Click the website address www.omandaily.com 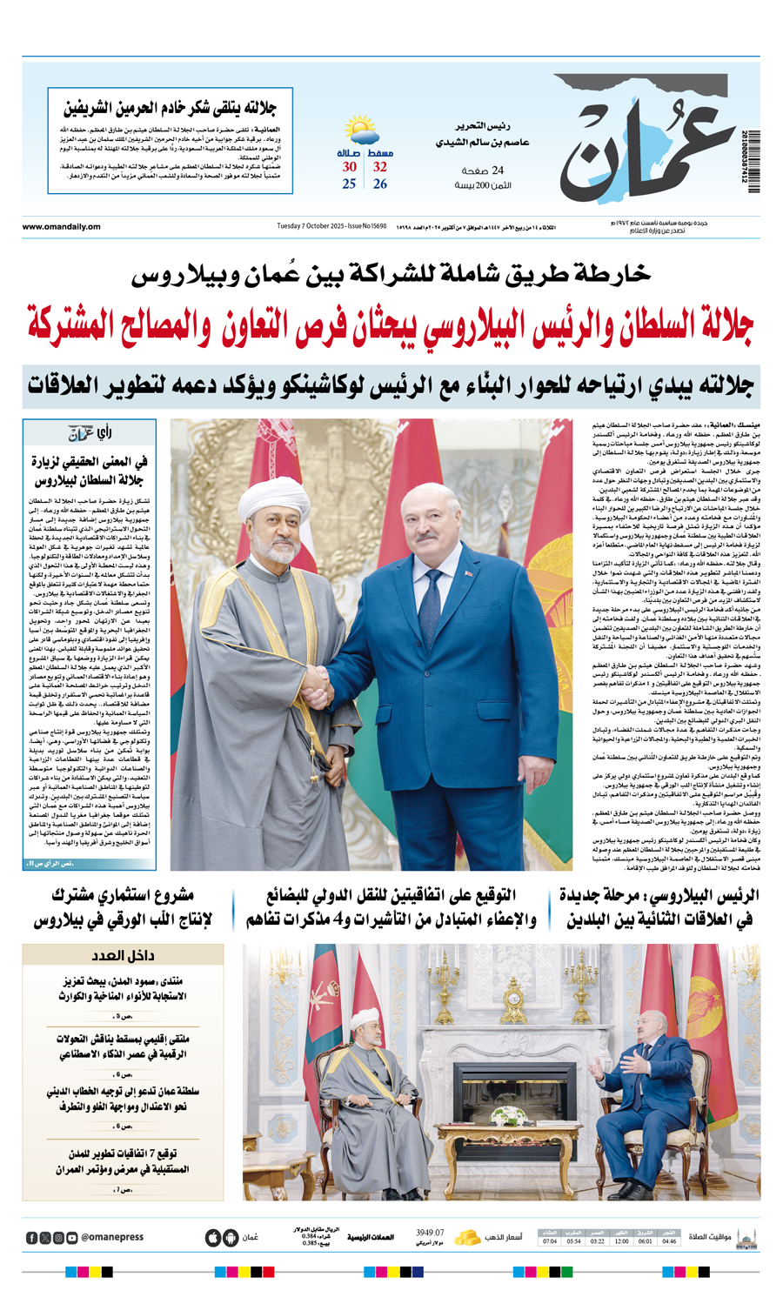[x=61, y=227]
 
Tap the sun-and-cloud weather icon [x=360, y=131]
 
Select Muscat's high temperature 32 [x=380, y=167]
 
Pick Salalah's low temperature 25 [x=349, y=184]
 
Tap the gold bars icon [x=468, y=1237]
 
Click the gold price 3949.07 [x=430, y=1233]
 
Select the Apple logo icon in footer [x=213, y=1237]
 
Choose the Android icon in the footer [x=231, y=1237]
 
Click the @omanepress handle [x=112, y=1237]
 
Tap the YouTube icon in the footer [x=72, y=1238]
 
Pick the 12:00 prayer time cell [x=621, y=1241]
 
